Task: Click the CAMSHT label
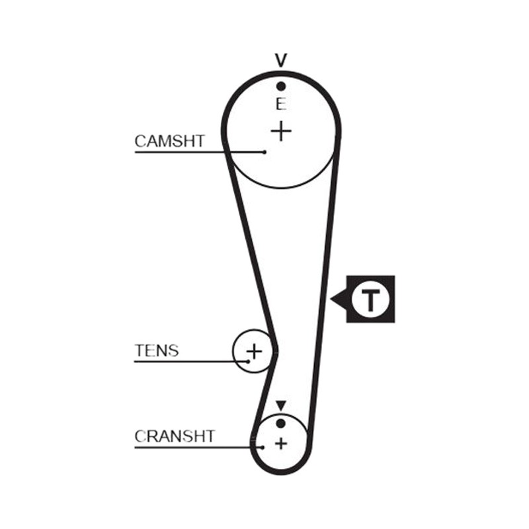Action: point(169,141)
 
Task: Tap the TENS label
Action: point(157,350)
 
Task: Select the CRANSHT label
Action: point(175,436)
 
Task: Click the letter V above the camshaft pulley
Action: point(281,60)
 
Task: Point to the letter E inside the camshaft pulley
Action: point(280,104)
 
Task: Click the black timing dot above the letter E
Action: point(281,87)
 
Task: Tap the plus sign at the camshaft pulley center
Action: point(281,131)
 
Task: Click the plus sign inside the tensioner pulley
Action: point(255,352)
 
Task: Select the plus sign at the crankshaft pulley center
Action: point(281,443)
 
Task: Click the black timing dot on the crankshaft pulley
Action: point(280,423)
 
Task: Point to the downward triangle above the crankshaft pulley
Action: point(281,405)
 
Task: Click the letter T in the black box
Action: point(370,300)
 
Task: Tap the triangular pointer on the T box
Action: point(339,300)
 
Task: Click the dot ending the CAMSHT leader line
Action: point(264,152)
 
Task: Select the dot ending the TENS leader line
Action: point(249,362)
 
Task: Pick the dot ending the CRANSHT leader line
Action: point(263,448)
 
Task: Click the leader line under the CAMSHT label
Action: point(200,152)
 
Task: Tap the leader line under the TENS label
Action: point(191,362)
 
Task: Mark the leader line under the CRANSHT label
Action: point(198,448)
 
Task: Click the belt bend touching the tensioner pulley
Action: point(275,352)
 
